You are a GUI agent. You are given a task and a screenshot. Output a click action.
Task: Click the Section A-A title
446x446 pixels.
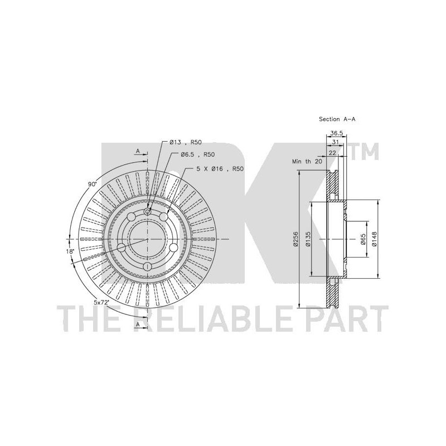tap(337, 119)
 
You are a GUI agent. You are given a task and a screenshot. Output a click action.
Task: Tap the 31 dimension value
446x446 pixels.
tap(335, 143)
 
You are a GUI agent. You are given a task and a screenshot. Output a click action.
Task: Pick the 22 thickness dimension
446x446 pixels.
tap(332, 153)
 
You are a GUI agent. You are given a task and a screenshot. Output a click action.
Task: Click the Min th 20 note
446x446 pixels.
tap(307, 162)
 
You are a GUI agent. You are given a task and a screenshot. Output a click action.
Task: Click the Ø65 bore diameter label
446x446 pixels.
tap(363, 239)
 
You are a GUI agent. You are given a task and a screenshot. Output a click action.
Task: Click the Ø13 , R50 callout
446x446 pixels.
tap(186, 142)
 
